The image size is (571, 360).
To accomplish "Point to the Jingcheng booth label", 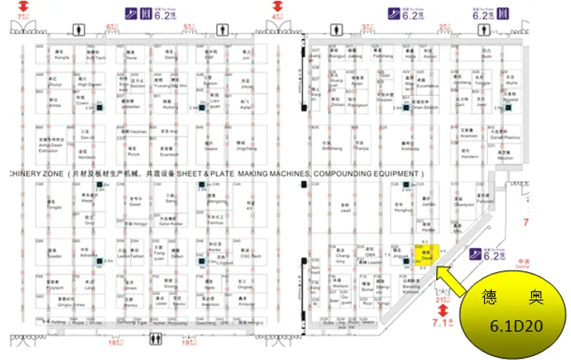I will coord(245,146).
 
